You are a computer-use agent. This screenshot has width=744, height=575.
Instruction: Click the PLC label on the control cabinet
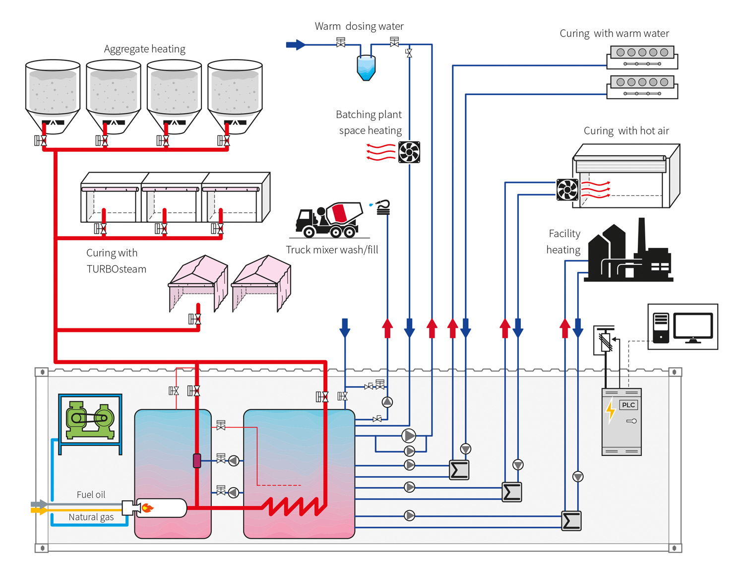point(628,405)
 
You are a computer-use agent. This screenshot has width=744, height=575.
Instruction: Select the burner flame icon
point(147,508)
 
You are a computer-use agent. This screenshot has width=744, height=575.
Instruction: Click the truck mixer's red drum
point(340,213)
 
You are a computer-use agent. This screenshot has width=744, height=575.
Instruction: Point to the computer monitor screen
point(693,326)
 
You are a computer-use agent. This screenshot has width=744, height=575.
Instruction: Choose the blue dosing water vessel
point(366,67)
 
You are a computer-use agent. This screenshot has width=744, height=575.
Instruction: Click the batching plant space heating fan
point(409,152)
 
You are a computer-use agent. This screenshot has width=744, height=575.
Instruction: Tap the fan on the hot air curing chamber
point(567,190)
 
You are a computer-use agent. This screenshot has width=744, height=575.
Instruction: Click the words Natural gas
point(91,517)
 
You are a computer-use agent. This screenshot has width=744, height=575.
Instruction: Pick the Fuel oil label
point(91,495)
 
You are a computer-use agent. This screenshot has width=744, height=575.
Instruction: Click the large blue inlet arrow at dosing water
point(296,45)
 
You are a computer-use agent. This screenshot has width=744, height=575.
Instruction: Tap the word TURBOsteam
point(117,269)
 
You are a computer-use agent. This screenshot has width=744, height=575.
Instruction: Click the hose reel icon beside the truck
point(383,207)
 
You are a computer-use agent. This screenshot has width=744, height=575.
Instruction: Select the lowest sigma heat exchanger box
point(571,521)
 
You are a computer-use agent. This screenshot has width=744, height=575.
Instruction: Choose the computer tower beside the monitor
point(661,327)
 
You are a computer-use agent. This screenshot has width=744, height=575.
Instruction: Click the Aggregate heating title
point(144,49)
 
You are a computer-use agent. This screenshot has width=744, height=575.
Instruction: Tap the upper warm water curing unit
point(642,57)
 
